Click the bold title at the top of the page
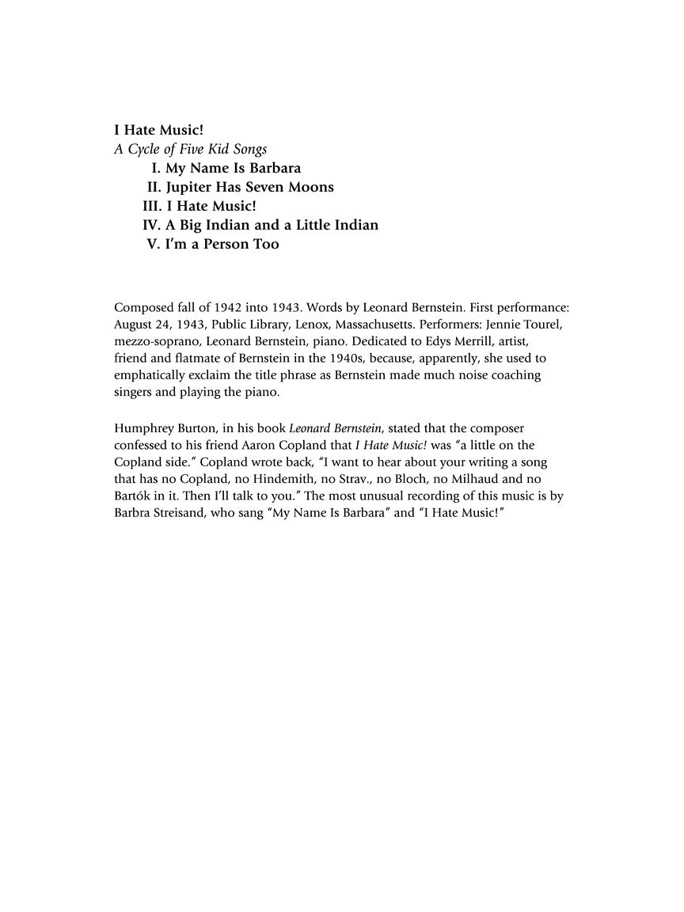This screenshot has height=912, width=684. click(159, 130)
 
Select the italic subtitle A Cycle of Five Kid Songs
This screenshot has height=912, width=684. click(190, 149)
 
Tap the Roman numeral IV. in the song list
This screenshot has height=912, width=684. click(152, 225)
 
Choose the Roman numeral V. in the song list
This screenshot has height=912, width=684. click(154, 244)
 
